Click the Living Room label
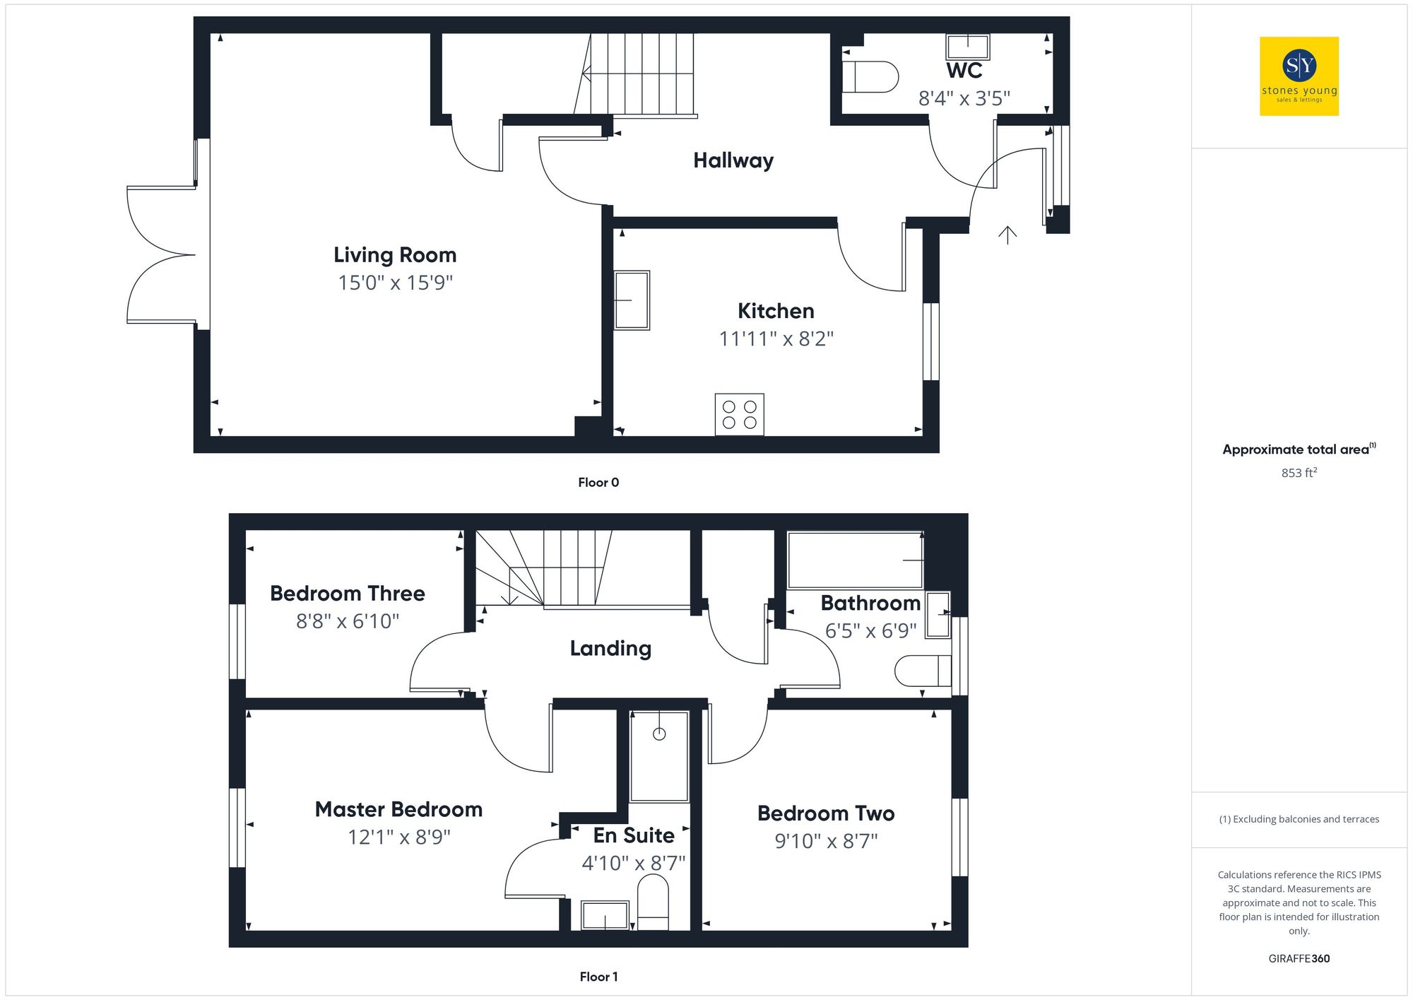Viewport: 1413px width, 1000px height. [x=395, y=255]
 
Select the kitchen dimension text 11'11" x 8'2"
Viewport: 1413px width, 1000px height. [x=776, y=339]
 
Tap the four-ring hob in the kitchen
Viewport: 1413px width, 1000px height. [x=739, y=415]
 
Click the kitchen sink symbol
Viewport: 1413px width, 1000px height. [x=631, y=300]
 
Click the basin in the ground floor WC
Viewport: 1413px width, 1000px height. [x=967, y=47]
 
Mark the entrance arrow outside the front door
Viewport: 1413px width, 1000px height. [x=1007, y=235]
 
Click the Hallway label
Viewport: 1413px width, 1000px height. [x=733, y=161]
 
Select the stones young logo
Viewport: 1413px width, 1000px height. [x=1299, y=76]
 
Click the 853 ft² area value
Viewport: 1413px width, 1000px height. [x=1299, y=473]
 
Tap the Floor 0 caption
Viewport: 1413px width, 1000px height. [x=598, y=483]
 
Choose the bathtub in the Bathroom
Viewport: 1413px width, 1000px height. [x=855, y=560]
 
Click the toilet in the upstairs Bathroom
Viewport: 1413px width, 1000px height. [x=923, y=671]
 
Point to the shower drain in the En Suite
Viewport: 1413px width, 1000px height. [x=658, y=734]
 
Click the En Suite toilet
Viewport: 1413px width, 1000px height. [x=653, y=902]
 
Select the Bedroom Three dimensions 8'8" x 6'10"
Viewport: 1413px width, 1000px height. [x=347, y=621]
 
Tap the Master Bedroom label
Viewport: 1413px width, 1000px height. [x=398, y=810]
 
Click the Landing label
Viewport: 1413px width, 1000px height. [x=610, y=649]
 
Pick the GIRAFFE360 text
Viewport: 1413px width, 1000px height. [x=1299, y=959]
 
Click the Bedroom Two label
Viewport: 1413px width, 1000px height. [x=825, y=814]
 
